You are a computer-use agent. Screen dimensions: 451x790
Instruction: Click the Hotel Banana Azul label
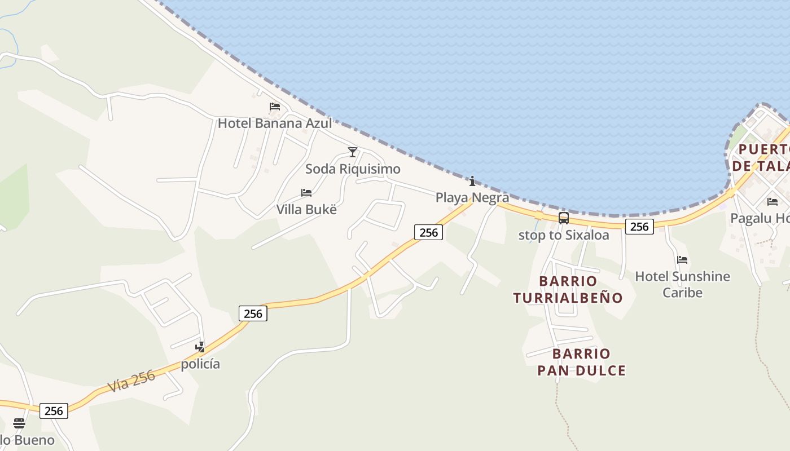pos(275,123)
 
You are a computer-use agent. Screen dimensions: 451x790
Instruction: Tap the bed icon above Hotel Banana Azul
pos(275,107)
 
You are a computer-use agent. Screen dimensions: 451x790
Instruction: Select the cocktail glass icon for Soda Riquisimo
pos(353,152)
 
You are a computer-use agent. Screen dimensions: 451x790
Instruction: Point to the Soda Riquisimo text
pos(353,169)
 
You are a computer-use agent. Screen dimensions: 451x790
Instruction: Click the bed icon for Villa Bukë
pos(306,193)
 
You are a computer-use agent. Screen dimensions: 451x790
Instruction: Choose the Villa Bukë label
pos(306,209)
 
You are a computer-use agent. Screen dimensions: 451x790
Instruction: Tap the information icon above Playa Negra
pos(472,181)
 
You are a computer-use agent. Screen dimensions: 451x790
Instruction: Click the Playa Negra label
pos(472,197)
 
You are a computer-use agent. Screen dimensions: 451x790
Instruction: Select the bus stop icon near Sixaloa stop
pos(563,218)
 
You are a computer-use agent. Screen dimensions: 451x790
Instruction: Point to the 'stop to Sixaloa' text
pos(564,235)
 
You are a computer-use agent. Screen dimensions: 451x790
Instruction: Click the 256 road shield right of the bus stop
pos(639,227)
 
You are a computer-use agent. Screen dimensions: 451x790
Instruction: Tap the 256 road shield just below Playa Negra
pos(428,232)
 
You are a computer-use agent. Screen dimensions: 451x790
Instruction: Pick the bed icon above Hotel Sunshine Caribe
pos(682,260)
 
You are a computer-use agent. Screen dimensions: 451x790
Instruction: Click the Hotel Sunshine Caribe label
pos(682,284)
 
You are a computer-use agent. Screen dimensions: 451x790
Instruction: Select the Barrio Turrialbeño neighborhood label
pos(568,289)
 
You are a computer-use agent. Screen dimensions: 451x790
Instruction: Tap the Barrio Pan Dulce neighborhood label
pos(581,362)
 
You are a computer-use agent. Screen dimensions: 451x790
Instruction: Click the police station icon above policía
pos(200,347)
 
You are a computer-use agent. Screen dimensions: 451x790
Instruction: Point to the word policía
pos(200,364)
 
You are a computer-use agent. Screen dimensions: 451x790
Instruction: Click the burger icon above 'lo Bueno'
pos(19,423)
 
